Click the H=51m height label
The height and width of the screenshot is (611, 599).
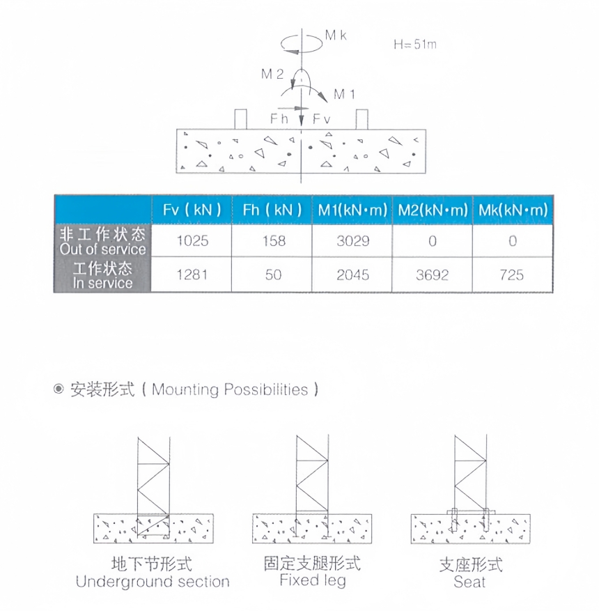[415, 44]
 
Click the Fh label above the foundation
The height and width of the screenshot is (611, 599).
[279, 119]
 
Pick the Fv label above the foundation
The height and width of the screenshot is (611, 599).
[321, 119]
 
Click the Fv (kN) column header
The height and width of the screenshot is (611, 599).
[192, 210]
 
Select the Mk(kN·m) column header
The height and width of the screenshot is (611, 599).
[513, 210]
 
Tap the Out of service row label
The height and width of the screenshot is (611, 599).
[102, 241]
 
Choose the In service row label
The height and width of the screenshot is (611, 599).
[102, 275]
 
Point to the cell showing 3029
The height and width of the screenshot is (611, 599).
[352, 241]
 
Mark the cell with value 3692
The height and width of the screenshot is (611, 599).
[433, 275]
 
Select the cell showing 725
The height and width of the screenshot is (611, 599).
[512, 275]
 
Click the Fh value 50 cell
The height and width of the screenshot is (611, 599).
[273, 275]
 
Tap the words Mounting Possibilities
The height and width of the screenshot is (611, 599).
[230, 389]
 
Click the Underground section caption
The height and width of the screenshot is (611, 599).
[153, 581]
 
